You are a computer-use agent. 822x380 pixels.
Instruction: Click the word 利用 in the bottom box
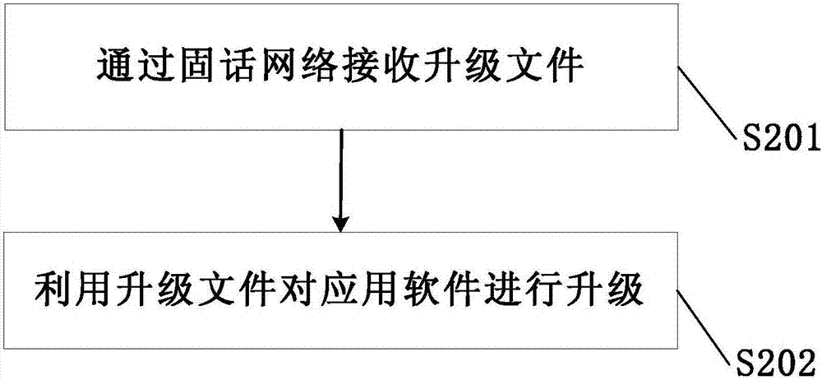tap(73, 290)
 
